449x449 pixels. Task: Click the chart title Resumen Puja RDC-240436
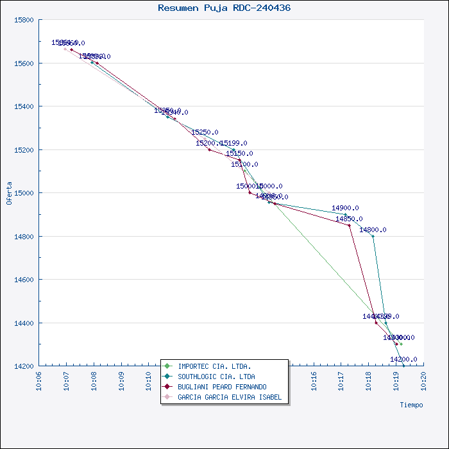click(x=224, y=8)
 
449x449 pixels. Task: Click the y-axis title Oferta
click(x=9, y=193)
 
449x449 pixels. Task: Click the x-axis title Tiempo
click(x=411, y=405)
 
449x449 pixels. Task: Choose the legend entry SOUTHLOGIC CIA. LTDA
click(x=216, y=377)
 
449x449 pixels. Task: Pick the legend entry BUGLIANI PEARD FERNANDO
click(x=222, y=387)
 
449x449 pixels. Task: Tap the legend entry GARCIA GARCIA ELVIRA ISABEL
click(x=230, y=397)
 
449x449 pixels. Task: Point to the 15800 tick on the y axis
click(x=24, y=20)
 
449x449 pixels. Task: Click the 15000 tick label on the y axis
click(x=24, y=193)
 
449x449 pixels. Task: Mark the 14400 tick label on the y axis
click(x=24, y=323)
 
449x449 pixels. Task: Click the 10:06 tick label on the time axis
click(x=40, y=380)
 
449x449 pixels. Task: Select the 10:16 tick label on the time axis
click(x=314, y=380)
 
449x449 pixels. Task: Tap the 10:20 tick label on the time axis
click(x=423, y=380)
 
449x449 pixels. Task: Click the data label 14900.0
click(x=345, y=208)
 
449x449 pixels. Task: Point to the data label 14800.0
click(x=373, y=230)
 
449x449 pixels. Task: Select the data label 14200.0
click(x=403, y=359)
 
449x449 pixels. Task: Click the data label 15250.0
click(x=205, y=132)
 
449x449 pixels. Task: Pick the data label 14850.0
click(x=349, y=219)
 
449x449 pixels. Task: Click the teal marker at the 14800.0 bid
click(x=373, y=236)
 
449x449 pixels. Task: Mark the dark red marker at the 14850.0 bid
click(x=349, y=225)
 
